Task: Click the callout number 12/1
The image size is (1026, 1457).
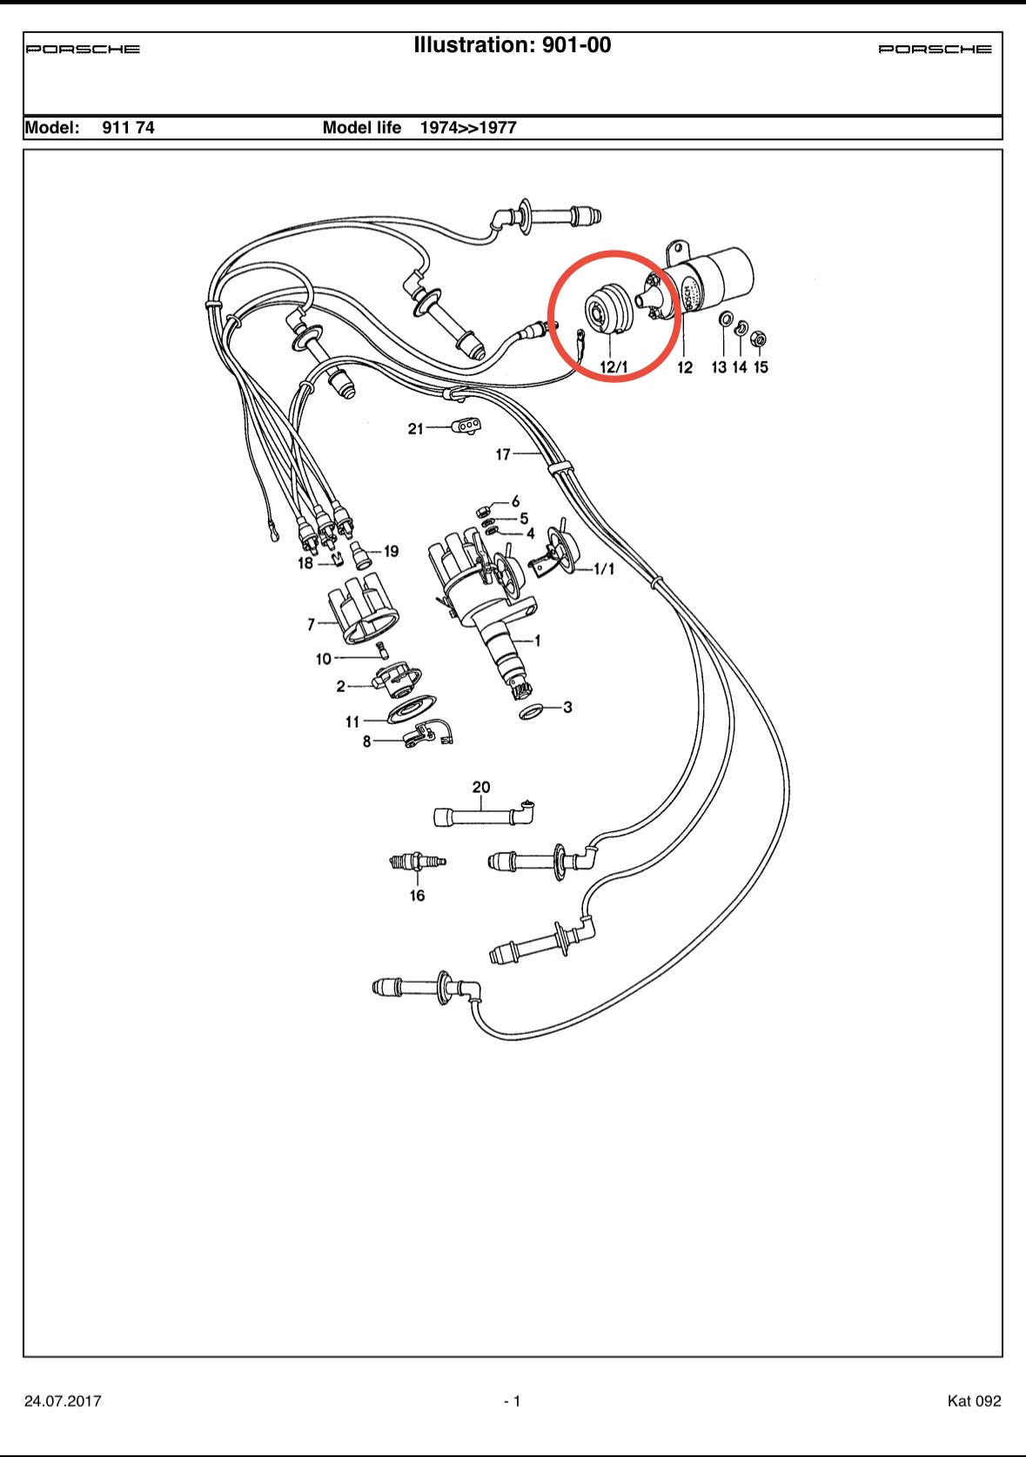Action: pyautogui.click(x=614, y=366)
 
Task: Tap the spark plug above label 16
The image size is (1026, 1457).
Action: pyautogui.click(x=418, y=863)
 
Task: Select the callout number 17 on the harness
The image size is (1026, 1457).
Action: pyautogui.click(x=503, y=454)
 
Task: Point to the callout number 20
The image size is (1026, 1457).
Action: pyautogui.click(x=481, y=787)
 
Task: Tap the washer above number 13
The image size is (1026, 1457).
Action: pyautogui.click(x=725, y=320)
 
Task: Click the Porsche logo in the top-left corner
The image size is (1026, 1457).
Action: pyautogui.click(x=83, y=49)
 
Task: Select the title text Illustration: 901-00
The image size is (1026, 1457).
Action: pyautogui.click(x=513, y=45)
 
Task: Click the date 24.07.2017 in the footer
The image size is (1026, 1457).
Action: pyautogui.click(x=63, y=1400)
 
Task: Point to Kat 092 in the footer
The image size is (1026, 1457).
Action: pyautogui.click(x=974, y=1400)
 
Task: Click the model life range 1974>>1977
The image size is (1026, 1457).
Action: pyautogui.click(x=468, y=127)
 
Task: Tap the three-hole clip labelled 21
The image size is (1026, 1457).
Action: pyautogui.click(x=466, y=426)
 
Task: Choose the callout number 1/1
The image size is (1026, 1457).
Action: pyautogui.click(x=604, y=568)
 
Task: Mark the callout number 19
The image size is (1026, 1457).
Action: pyautogui.click(x=391, y=551)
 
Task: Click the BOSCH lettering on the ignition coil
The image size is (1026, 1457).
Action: pyautogui.click(x=689, y=298)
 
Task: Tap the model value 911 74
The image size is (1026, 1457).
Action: pyautogui.click(x=128, y=127)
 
